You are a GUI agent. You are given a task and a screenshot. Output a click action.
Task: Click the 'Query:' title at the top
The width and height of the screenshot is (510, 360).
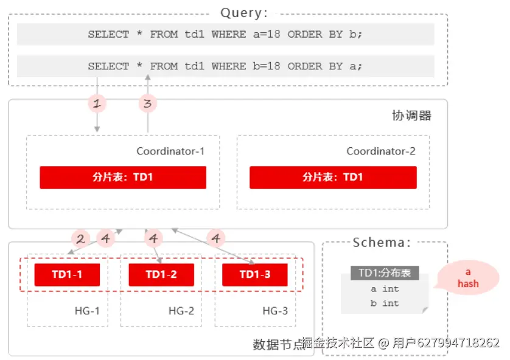click(x=244, y=13)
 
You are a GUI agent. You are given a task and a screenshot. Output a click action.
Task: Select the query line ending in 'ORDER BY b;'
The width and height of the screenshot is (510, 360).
click(x=225, y=35)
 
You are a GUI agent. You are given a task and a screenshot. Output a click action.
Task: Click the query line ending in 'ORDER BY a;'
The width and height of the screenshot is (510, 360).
click(x=225, y=66)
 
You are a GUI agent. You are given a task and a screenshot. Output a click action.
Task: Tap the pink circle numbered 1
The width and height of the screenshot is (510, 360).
click(x=96, y=103)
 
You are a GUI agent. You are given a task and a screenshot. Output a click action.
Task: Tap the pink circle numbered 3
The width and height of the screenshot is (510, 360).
click(x=147, y=103)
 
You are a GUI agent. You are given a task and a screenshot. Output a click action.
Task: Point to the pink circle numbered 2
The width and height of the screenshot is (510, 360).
click(x=80, y=238)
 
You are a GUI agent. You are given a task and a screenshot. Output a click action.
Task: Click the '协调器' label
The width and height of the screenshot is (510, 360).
click(x=411, y=116)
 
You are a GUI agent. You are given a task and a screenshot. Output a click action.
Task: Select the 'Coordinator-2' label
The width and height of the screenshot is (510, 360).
click(x=380, y=151)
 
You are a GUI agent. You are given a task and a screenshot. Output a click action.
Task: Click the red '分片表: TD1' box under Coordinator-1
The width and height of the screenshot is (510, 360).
click(x=123, y=178)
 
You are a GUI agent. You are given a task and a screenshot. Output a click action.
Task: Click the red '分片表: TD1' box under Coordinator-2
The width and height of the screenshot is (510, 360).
click(x=333, y=178)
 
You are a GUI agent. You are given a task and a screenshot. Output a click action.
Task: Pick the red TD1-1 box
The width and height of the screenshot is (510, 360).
click(x=67, y=275)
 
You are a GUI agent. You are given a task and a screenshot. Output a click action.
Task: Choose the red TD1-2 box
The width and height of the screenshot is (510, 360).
click(x=161, y=275)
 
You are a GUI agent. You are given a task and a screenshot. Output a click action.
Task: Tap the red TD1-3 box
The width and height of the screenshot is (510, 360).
click(x=254, y=275)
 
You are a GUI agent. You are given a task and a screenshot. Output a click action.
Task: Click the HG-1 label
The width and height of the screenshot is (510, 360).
click(x=87, y=311)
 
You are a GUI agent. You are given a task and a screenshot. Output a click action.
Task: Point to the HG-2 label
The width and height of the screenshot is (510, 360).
click(x=181, y=311)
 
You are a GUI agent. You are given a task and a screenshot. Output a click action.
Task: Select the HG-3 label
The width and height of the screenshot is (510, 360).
click(x=275, y=311)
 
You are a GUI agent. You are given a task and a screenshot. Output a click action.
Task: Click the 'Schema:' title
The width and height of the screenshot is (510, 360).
click(x=382, y=243)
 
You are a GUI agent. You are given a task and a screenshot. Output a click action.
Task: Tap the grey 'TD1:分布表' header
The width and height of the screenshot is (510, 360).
click(x=385, y=273)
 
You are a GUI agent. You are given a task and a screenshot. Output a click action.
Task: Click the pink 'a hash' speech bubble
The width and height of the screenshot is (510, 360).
click(x=468, y=278)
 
